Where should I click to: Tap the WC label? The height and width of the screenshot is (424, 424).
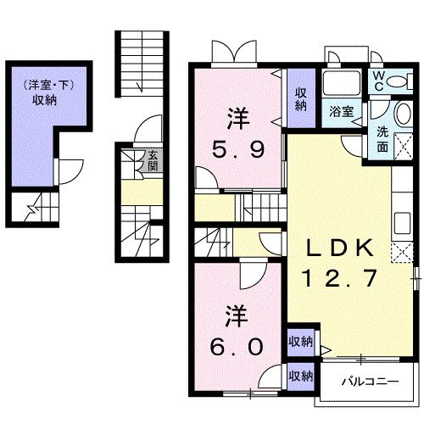click(x=379, y=81)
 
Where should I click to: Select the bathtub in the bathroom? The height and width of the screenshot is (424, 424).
click(x=342, y=83)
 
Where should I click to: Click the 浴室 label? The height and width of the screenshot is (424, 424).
click(x=342, y=111)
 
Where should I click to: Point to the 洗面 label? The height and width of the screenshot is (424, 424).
click(x=382, y=139)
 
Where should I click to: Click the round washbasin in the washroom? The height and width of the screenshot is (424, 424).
click(x=404, y=114)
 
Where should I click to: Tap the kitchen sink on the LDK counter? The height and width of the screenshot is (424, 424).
click(x=402, y=223)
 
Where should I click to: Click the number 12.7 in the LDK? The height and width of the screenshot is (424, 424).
click(x=340, y=278)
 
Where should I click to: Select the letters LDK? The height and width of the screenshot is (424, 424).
click(x=340, y=248)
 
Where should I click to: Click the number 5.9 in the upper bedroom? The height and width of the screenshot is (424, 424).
click(x=238, y=149)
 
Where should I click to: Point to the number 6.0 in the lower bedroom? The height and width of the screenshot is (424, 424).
click(x=237, y=347)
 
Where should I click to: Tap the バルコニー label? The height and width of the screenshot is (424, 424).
click(x=370, y=382)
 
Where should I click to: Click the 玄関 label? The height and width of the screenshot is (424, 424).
click(x=153, y=160)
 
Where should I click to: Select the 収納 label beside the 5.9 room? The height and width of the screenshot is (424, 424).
click(x=301, y=99)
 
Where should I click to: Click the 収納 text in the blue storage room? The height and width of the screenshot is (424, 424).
click(x=44, y=100)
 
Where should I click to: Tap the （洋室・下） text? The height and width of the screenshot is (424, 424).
click(x=48, y=85)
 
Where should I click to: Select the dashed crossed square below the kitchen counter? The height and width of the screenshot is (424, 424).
click(x=402, y=253)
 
